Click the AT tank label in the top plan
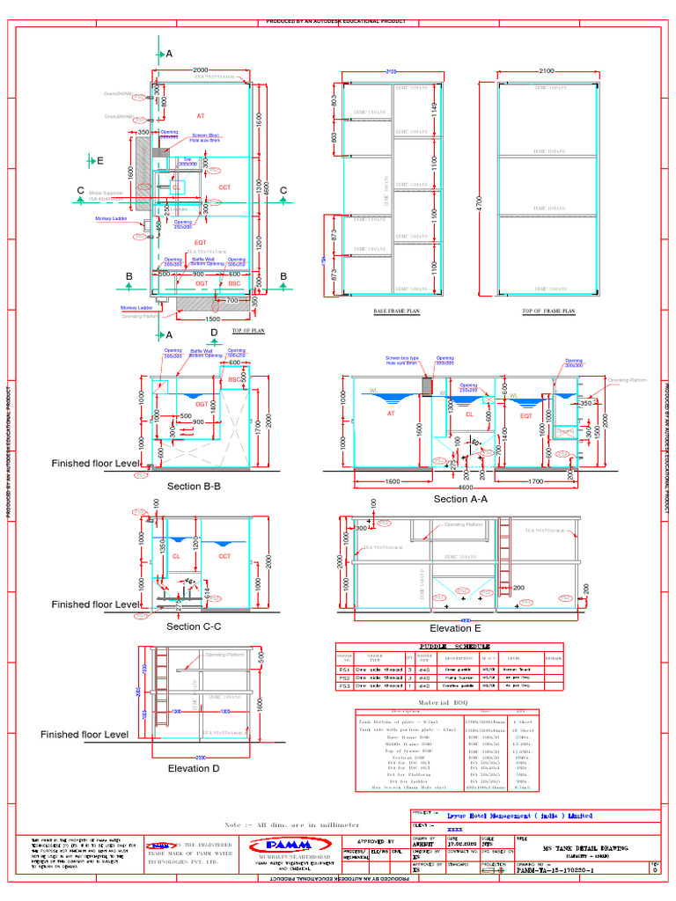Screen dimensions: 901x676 200,116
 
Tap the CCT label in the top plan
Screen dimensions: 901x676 224,187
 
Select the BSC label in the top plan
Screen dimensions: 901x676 234,284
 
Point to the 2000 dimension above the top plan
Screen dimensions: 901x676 201,70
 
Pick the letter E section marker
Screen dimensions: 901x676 100,161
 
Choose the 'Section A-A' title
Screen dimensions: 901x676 464,499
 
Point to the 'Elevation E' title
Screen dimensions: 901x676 456,628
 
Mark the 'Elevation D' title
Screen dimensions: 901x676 195,768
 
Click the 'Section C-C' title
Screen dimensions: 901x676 194,626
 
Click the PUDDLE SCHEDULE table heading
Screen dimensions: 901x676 450,645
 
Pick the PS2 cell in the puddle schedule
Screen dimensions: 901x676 344,678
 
